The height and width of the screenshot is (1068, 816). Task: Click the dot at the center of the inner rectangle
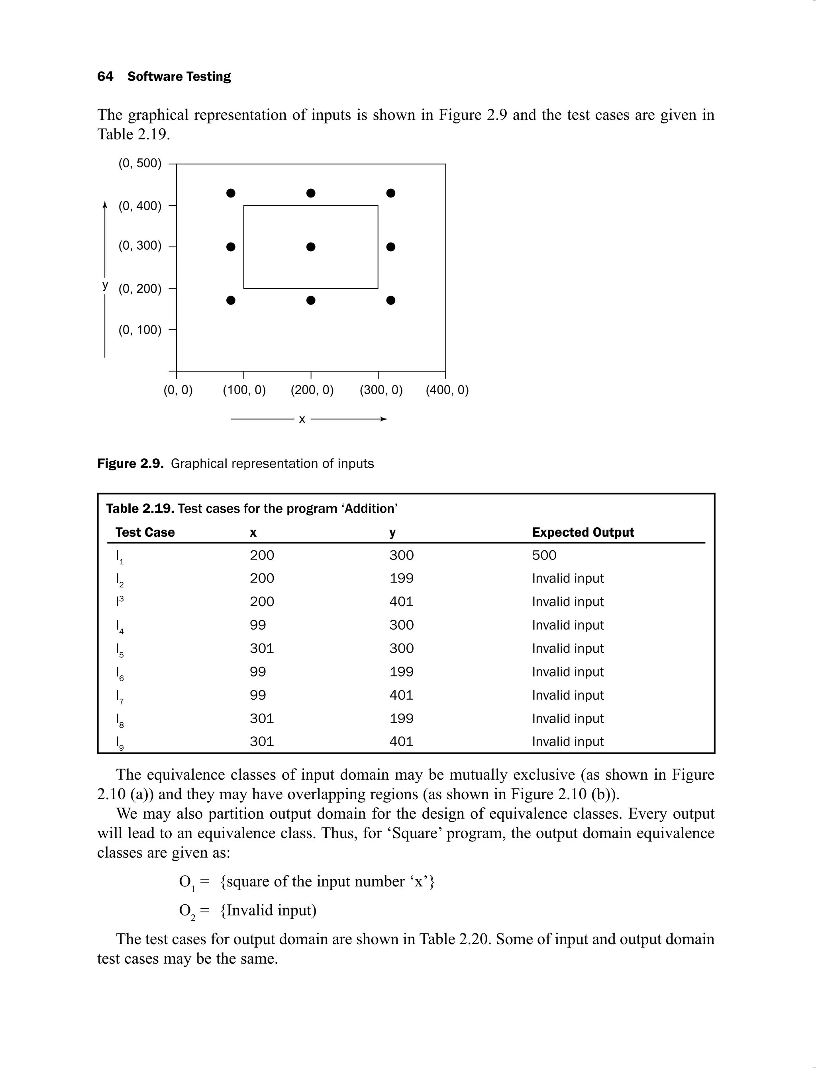311,247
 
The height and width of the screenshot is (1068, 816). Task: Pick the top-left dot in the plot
231,193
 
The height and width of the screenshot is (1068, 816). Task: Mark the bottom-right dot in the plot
391,301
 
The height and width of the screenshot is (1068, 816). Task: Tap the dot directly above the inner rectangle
311,193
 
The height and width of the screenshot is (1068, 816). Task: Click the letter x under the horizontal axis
302,419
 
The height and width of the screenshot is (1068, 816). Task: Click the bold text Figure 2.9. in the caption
131,464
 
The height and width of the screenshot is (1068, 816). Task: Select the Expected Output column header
583,532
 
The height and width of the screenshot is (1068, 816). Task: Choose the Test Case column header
145,532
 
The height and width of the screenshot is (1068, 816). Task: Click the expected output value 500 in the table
544,556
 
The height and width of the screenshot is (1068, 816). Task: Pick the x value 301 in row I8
262,718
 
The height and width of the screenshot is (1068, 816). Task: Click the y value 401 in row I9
401,741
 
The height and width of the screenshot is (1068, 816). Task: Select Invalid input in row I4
567,625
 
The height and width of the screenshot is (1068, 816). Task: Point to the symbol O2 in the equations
187,911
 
